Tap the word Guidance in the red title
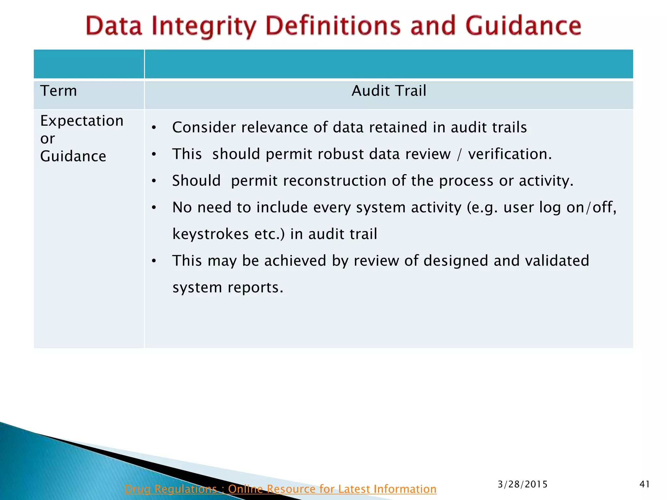[x=523, y=26]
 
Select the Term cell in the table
[x=59, y=91]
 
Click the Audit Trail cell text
[x=389, y=91]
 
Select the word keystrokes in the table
[x=210, y=234]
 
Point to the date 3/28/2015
[x=523, y=484]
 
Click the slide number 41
[x=645, y=484]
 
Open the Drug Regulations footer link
[x=280, y=489]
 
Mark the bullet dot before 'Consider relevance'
[x=154, y=128]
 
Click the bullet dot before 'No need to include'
[x=154, y=208]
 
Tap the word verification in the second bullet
[x=510, y=154]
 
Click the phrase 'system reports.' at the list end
[x=228, y=287]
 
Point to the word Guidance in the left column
[x=73, y=157]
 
